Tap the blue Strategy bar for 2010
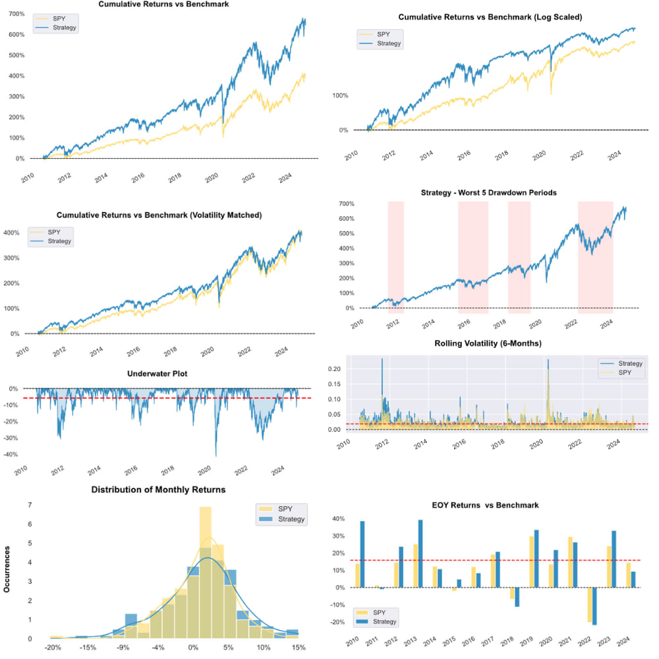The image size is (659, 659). [x=362, y=554]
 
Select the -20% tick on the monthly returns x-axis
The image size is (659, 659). [x=53, y=649]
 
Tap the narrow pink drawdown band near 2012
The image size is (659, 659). [x=395, y=257]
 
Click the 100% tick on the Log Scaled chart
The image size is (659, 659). [x=339, y=96]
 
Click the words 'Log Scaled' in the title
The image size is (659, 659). [x=556, y=17]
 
